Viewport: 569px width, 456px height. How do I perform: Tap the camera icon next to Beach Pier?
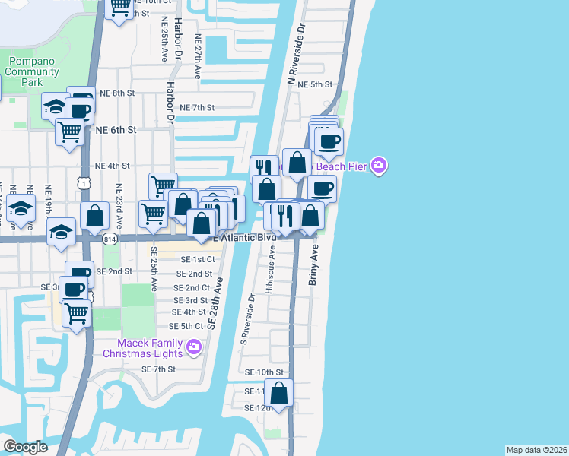(x=380, y=166)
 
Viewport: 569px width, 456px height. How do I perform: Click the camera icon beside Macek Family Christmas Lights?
(x=193, y=347)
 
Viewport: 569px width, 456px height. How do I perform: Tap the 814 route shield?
(x=110, y=239)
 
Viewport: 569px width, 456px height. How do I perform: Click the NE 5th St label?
(x=313, y=85)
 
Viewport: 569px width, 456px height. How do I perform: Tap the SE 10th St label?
(x=264, y=372)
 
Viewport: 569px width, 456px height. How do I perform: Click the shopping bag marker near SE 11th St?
(x=280, y=394)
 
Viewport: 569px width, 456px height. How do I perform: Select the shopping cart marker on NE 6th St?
(x=69, y=131)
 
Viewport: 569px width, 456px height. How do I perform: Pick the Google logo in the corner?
(x=26, y=447)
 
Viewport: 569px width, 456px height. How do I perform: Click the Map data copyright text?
(x=537, y=450)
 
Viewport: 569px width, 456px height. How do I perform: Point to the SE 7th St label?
(x=158, y=369)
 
